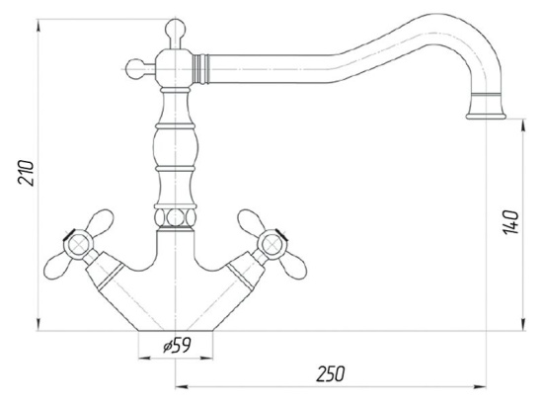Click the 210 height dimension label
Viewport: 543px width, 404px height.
point(27,173)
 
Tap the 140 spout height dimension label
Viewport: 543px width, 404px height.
point(510,222)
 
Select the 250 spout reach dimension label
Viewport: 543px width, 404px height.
point(331,373)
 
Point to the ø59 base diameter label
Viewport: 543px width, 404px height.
point(178,345)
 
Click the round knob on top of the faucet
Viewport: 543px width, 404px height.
point(175,29)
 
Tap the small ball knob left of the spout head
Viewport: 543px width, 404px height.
point(134,69)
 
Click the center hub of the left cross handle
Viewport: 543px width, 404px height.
point(78,245)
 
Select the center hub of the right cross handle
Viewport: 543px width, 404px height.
point(271,245)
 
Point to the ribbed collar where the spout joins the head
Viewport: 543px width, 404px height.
point(200,69)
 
